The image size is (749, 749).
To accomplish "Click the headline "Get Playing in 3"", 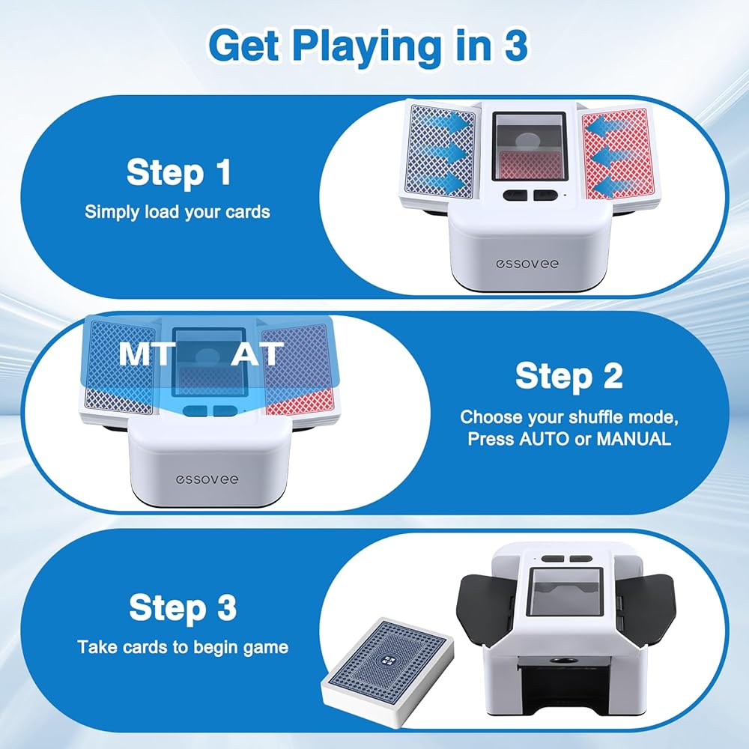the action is tap(369, 46).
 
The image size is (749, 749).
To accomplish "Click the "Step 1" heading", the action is tap(179, 172).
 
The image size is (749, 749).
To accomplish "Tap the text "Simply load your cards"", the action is tap(178, 212).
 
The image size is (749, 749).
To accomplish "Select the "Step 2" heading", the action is tap(569, 376).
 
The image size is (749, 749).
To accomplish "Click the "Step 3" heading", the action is tap(183, 607).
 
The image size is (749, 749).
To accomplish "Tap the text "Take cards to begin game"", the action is tap(183, 647).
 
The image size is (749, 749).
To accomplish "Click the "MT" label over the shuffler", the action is tap(145, 354).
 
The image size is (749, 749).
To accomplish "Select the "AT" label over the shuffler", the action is tap(257, 354).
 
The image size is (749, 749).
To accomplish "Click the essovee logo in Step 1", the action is tap(527, 263).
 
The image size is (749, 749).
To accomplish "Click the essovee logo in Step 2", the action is tap(207, 479).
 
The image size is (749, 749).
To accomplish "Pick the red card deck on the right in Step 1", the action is tap(620, 156).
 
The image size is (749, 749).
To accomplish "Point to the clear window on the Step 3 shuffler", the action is tap(564, 592).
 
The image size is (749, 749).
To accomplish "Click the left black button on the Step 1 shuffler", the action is tap(516, 195).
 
